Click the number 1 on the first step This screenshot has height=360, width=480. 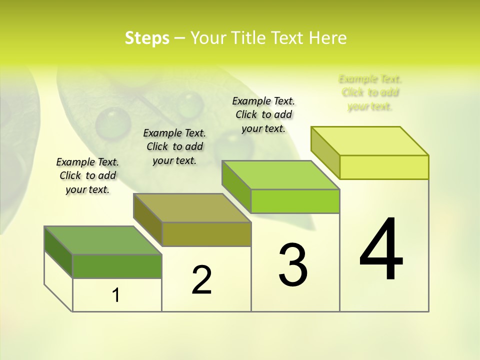(x=116, y=295)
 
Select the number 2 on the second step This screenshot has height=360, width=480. (x=201, y=280)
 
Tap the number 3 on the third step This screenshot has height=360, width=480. (x=293, y=264)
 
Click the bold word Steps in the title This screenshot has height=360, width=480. (x=147, y=38)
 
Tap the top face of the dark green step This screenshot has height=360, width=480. (x=103, y=240)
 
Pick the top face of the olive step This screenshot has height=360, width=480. (x=192, y=208)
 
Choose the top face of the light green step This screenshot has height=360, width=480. (x=281, y=175)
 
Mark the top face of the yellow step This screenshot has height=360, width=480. (x=370, y=141)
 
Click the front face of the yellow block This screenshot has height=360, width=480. (x=384, y=167)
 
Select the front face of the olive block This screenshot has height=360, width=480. (x=206, y=234)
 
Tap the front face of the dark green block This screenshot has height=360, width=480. (x=117, y=266)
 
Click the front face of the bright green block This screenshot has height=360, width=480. (x=295, y=201)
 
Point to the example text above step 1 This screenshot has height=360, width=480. (x=87, y=175)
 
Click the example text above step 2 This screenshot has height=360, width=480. (x=174, y=146)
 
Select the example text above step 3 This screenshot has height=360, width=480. (x=263, y=114)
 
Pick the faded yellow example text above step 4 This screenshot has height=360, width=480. (x=370, y=92)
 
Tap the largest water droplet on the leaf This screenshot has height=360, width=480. (x=113, y=122)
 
